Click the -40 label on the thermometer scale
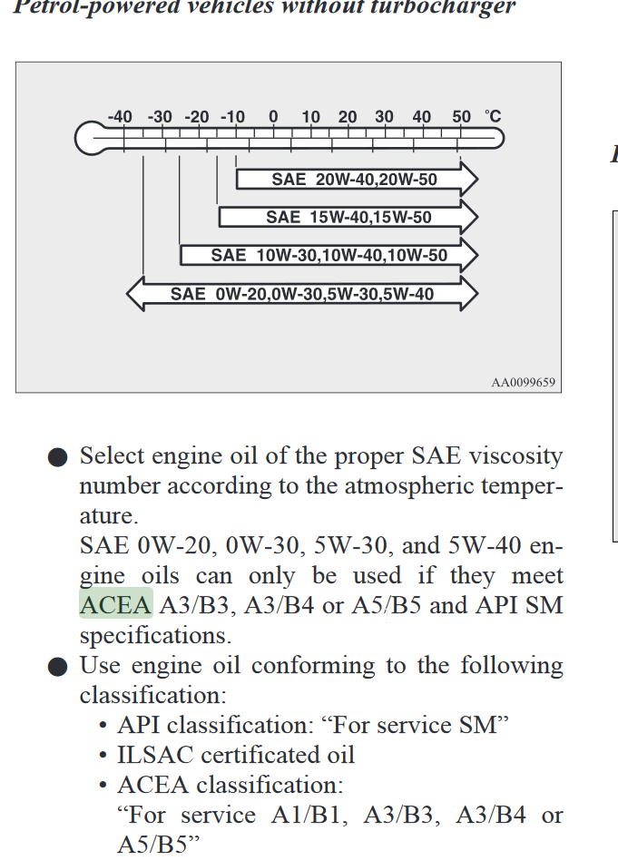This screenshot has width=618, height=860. tap(120, 117)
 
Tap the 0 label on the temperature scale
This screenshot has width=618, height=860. tap(273, 117)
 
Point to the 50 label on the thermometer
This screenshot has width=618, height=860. tap(462, 117)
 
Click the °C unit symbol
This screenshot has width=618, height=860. tap(493, 116)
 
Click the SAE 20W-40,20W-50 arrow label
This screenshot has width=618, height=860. tap(355, 180)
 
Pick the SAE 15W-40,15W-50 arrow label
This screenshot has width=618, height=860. tap(349, 217)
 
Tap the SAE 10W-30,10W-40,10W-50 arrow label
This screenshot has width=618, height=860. tap(329, 256)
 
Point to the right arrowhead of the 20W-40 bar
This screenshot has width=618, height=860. tap(469, 180)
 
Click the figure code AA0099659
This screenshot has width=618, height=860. tap(523, 382)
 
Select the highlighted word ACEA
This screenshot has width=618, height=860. tap(116, 605)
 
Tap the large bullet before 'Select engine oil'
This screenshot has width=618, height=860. tap(58, 457)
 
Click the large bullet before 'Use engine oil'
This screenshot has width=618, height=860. tap(58, 667)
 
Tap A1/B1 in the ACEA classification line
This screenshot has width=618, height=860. tap(309, 815)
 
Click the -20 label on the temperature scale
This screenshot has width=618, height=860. tap(197, 117)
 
